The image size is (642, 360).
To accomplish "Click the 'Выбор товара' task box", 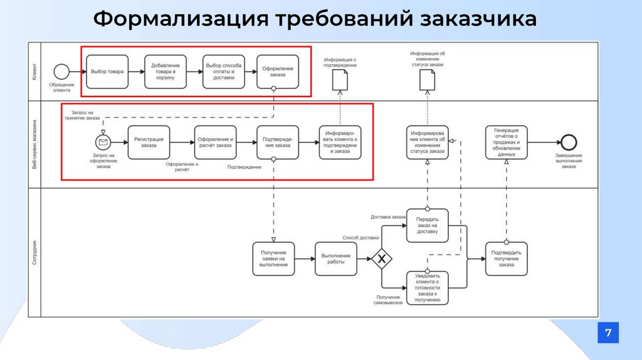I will coord(107,71).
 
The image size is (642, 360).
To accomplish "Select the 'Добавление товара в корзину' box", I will coord(166,71).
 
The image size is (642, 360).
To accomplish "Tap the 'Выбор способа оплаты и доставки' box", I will coord(223,71).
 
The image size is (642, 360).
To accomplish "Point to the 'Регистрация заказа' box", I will coord(149,142).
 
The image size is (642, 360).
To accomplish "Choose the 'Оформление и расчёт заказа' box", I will coord(215,142).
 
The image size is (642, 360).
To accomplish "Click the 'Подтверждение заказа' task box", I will coord(277,142).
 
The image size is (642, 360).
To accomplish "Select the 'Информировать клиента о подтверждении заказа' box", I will coord(340,142).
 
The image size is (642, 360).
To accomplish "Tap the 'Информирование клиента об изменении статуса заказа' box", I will coord(428,142).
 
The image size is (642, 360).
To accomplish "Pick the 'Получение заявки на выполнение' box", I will coord(273,258).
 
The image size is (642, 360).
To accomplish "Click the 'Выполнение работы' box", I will coord(336,258).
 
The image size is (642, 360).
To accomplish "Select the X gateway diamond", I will coord(381,258).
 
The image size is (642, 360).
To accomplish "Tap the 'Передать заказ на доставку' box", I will coord(428,226).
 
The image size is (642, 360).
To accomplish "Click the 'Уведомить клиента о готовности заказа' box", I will coord(428,288).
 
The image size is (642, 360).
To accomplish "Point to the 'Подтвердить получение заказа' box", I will coord(506,258).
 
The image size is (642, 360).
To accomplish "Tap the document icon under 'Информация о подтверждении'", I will coord(339,80).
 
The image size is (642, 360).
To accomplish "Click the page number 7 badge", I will coord(608,332).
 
